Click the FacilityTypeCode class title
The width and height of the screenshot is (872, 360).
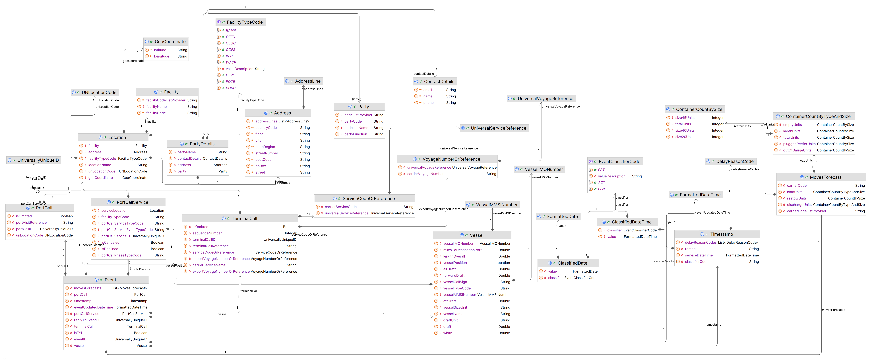point(244,22)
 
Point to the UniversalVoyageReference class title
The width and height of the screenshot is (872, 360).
point(545,99)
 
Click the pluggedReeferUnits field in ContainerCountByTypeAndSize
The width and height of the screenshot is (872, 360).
point(799,144)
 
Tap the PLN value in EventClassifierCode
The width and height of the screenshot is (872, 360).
point(601,189)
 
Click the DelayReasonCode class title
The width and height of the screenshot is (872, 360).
point(735,162)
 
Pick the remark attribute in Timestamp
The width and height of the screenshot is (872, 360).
point(691,249)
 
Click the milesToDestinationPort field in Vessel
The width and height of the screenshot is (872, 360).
point(462,250)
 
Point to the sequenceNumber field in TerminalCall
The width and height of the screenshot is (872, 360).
point(207,233)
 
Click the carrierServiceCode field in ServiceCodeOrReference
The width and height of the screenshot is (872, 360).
point(341,207)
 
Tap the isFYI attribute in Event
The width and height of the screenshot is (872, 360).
point(78,333)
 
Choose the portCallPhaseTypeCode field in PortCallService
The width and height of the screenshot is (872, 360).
point(121,255)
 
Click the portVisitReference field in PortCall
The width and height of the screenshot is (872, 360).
point(31,223)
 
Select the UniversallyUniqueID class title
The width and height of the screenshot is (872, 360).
point(38,160)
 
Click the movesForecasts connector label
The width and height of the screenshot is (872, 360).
point(833,310)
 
